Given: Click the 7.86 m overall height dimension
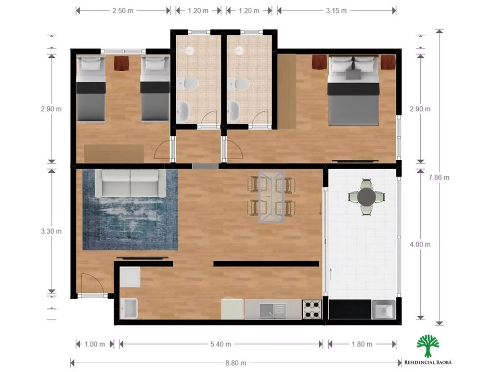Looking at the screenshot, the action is tap(438, 177).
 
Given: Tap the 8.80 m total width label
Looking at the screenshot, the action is tap(236, 363).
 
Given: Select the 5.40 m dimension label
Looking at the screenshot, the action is tap(221, 344).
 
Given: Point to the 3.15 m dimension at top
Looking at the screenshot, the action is tap(336, 10).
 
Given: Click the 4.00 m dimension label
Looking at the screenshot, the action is tap(420, 244).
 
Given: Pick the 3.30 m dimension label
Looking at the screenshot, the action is tap(51, 232).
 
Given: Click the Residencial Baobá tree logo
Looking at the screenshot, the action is tap(428, 346).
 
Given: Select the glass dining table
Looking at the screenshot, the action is tap(272, 197).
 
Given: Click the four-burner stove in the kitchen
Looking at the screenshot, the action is tap(312, 310).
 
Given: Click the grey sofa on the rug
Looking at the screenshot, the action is tap(130, 183).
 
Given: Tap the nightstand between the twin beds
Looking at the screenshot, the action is tap(122, 63).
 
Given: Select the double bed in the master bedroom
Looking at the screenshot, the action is tap(354, 90).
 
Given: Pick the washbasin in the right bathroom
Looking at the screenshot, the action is tap(234, 111).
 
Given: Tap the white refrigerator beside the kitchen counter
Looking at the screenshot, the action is tap(232, 309).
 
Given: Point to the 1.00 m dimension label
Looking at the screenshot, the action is tap(95, 344).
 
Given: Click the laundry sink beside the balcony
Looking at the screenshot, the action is tap(383, 310).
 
